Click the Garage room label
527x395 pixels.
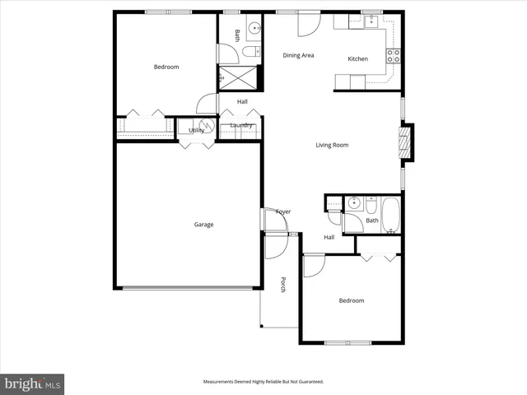203,225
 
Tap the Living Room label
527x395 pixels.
332,146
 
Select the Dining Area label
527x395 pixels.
298,56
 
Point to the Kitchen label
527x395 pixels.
357,59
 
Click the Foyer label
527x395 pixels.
282,212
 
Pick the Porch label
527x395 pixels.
282,285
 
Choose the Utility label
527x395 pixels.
196,130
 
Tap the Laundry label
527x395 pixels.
241,125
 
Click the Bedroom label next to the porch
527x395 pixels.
351,301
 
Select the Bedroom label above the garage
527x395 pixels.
166,67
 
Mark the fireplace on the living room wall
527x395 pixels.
404,142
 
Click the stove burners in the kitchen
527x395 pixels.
394,56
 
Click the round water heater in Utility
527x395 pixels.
208,127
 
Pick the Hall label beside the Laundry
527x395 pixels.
242,102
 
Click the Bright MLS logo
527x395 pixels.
33,383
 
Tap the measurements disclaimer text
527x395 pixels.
263,382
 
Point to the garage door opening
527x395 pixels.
188,288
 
